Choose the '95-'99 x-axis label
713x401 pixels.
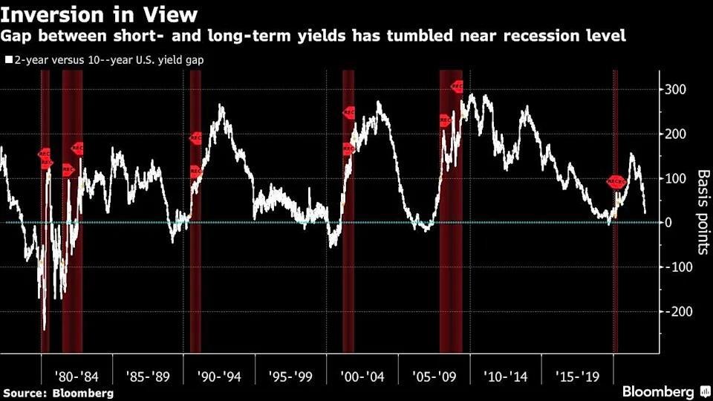tap(291, 376)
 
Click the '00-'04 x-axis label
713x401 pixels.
tap(362, 376)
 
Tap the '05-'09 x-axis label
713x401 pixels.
tap(434, 376)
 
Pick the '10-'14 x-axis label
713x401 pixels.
tap(507, 376)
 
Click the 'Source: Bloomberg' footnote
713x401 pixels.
tap(58, 393)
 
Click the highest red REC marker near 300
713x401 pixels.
tap(458, 87)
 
